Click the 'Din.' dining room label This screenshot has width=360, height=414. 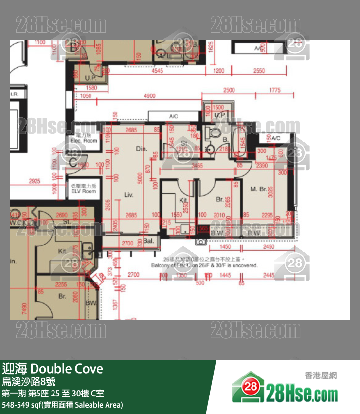coord(142,149)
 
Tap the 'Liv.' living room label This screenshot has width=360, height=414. coord(128,194)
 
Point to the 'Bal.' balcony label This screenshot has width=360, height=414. coord(148,241)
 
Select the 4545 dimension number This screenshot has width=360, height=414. coord(157,71)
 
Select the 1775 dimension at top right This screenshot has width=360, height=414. coord(275,90)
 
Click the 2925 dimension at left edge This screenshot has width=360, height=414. coord(35,181)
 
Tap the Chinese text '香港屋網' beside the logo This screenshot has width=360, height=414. coord(321,376)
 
